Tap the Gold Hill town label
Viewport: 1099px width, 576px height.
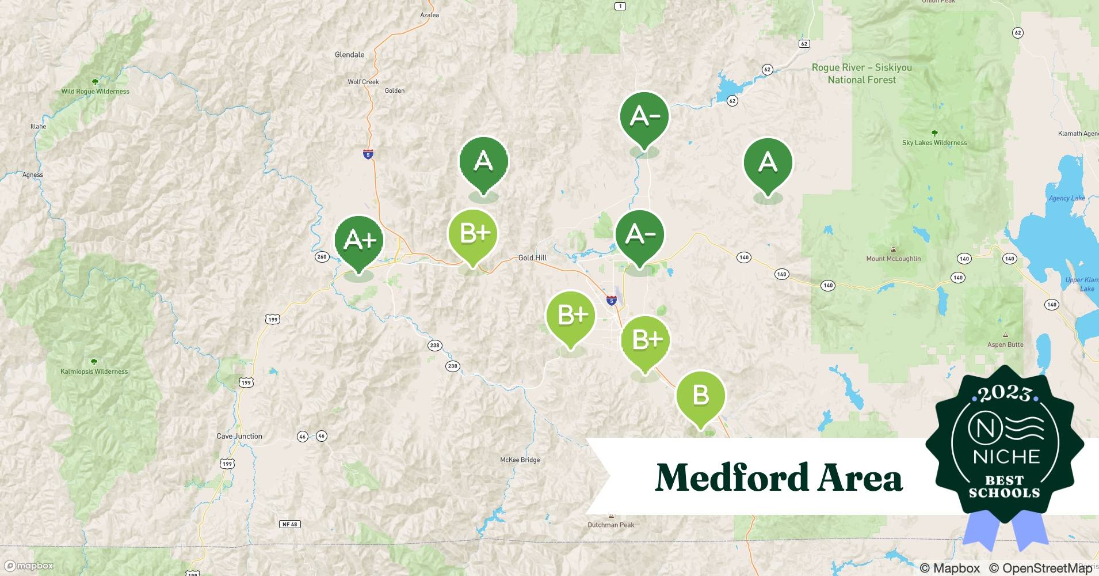click(x=532, y=257)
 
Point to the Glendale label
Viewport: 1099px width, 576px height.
click(x=350, y=55)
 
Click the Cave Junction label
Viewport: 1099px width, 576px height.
click(x=239, y=436)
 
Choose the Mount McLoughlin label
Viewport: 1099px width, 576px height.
click(x=893, y=259)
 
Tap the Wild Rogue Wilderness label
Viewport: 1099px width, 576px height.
click(x=96, y=91)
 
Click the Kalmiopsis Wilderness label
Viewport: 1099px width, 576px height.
click(x=94, y=372)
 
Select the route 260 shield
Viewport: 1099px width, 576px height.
click(x=322, y=257)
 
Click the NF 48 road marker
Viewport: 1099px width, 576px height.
click(x=289, y=524)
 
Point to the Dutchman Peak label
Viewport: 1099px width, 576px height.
click(x=611, y=525)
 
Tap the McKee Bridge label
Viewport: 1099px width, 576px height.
click(x=520, y=460)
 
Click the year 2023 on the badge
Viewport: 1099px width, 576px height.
click(x=1005, y=393)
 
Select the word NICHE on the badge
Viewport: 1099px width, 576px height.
click(x=1006, y=457)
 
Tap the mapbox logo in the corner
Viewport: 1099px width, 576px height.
click(x=30, y=566)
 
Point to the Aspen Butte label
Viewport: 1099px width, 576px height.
click(x=1005, y=344)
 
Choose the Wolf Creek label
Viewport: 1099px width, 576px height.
click(x=363, y=82)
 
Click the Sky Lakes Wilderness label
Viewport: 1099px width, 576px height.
click(x=934, y=143)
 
